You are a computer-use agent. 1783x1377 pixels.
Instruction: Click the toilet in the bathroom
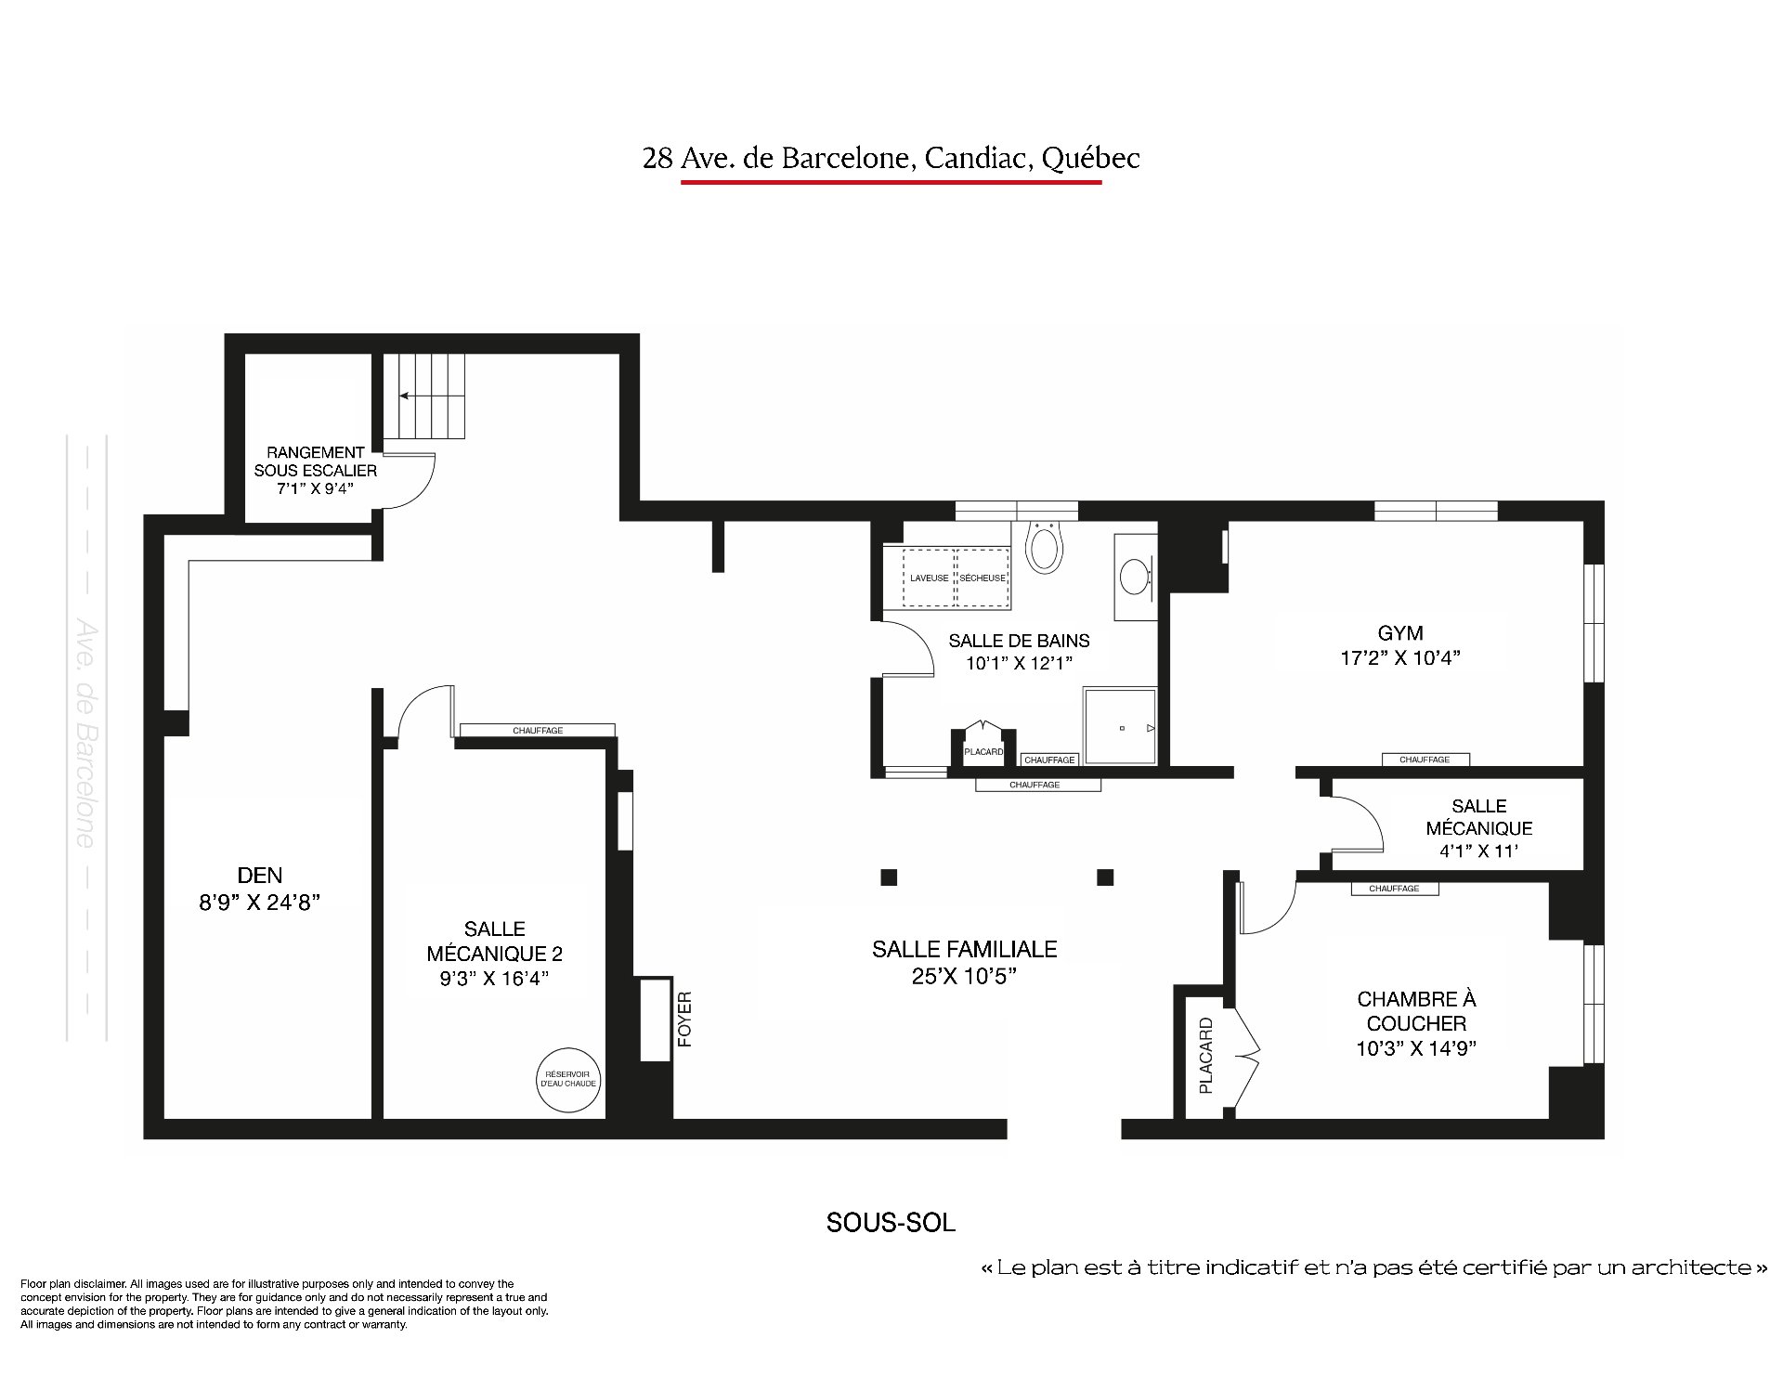(1043, 545)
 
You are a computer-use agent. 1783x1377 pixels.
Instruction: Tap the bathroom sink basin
(1134, 577)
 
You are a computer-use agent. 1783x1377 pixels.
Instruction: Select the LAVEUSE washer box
(929, 578)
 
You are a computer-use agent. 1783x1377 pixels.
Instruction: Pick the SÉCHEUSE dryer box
(983, 578)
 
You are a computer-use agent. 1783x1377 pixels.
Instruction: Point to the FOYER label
(685, 1020)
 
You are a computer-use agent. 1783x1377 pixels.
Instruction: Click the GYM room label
(1400, 633)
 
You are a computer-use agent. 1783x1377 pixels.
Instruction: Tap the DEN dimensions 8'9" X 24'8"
(260, 901)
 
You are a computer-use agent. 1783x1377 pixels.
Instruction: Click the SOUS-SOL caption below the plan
(891, 1222)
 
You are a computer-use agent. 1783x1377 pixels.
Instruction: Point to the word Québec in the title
(1090, 159)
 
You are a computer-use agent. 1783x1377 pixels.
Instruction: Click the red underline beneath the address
(891, 182)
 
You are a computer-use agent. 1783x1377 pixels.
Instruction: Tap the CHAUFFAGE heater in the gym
(1425, 760)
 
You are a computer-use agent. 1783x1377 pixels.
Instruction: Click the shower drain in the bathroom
(1122, 729)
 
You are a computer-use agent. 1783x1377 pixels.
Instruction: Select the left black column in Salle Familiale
(889, 877)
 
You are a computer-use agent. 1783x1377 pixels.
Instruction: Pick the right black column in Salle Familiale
(1105, 877)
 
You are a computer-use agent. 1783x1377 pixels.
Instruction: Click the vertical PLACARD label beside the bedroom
(1205, 1056)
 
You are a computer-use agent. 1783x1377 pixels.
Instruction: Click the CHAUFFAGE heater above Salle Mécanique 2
(537, 731)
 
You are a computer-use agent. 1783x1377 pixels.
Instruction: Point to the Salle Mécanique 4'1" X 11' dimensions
(1479, 851)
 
